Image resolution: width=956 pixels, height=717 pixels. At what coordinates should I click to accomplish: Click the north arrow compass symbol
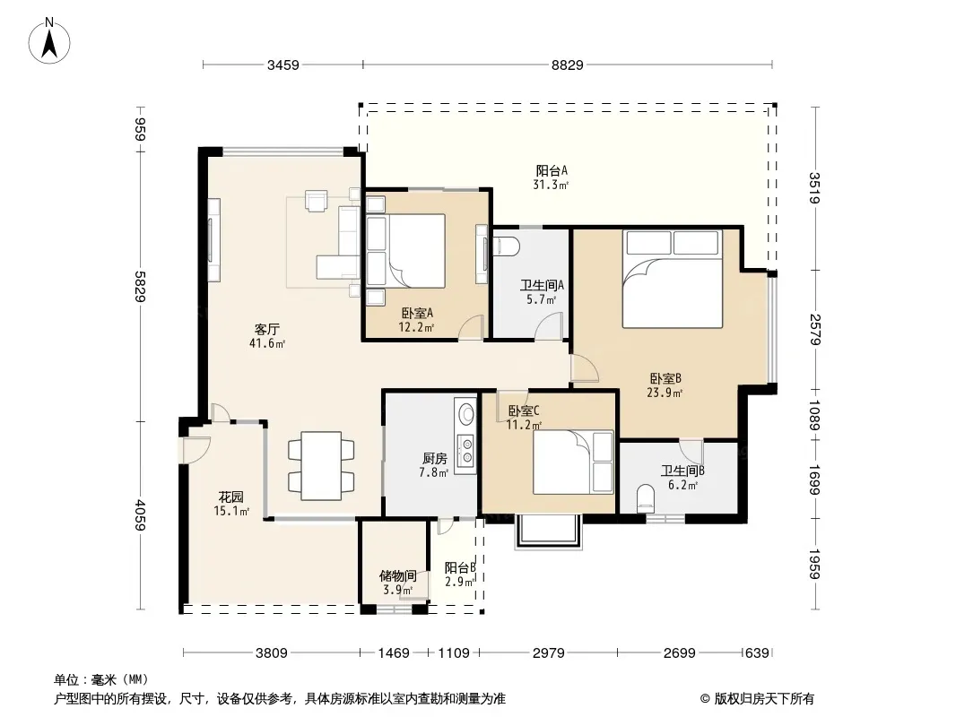coord(49,40)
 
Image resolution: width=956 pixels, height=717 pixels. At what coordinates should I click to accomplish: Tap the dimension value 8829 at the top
coord(567,65)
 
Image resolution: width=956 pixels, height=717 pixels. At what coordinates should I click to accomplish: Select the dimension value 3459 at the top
coord(282,65)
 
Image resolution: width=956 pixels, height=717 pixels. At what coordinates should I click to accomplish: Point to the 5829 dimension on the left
coord(140,286)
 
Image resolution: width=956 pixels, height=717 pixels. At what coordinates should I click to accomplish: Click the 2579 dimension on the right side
coord(815,330)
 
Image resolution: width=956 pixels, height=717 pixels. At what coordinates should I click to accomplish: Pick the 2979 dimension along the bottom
coord(548,653)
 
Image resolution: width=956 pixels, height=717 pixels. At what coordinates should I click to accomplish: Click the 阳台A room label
coord(552,170)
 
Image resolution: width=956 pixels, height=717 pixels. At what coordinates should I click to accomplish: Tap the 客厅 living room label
coord(267,330)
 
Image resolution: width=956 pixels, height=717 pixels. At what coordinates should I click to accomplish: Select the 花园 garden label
coord(231,497)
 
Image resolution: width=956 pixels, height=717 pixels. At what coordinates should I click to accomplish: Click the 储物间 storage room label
coord(397,575)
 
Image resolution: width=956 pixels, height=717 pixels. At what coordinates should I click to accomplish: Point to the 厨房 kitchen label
coord(434,459)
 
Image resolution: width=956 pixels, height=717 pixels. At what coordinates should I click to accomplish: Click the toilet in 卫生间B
coord(645,498)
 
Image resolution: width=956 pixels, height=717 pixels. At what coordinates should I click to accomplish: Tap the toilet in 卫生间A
coord(506,246)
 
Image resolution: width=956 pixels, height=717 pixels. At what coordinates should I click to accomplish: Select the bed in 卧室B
coord(673,279)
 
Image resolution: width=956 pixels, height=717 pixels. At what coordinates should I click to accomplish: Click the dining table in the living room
coord(322,465)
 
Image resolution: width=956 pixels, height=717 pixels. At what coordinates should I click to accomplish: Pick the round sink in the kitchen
coord(466,414)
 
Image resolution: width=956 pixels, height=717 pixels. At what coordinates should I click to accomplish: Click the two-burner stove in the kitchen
coord(466,451)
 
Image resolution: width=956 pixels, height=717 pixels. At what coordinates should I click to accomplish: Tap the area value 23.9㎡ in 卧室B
coord(665,393)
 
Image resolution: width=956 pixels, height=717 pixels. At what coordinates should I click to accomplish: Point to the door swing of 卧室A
coord(472,327)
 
